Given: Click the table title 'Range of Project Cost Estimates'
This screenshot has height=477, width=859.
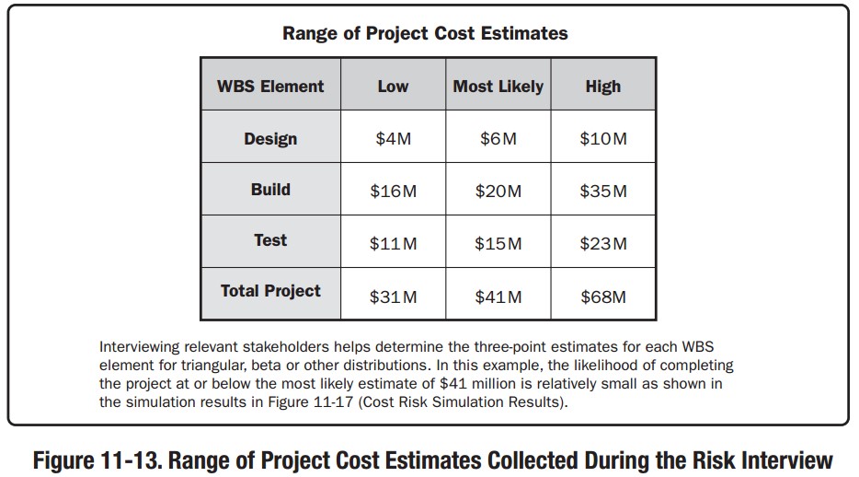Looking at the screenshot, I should coord(425,34).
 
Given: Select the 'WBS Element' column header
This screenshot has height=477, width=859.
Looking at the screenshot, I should coord(270,87).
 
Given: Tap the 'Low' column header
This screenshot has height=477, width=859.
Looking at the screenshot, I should coord(393,87).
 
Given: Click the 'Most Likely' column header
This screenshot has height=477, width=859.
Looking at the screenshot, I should coord(498,87).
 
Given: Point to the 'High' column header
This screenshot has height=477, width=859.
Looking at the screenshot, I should coord(602,87).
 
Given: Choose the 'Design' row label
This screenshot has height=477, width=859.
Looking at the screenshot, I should coord(270,139).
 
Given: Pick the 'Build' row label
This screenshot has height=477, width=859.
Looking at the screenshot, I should coord(270,190).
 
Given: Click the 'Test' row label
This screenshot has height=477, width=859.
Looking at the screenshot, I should coord(270,240).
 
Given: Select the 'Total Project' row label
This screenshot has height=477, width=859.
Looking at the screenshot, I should coord(270,291).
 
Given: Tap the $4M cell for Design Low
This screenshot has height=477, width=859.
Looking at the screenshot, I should coord(393,139).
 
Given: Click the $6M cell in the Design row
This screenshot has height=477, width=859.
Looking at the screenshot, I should coord(498,139).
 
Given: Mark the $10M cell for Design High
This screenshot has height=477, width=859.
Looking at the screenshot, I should coord(603,139).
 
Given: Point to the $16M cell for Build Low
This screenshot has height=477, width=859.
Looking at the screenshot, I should coord(393,192).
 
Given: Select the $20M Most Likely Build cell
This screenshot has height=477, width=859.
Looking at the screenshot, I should coord(498,192).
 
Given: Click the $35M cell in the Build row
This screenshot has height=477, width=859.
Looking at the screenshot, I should coord(603,192).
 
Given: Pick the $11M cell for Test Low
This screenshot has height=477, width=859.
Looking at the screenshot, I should coord(393,244).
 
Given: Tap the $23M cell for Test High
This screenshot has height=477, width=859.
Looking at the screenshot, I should coord(603,244).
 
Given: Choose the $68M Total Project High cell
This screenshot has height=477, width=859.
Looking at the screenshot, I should coord(603,297).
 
